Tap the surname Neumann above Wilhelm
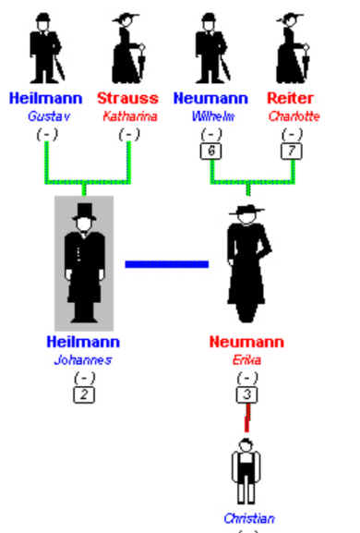point(210,99)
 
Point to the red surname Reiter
point(291,99)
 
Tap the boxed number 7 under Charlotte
point(293,150)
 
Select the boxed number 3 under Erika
point(247,393)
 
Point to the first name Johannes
point(83,359)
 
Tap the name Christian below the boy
point(249,518)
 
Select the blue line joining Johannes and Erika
point(167,264)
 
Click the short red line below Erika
point(246,418)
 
